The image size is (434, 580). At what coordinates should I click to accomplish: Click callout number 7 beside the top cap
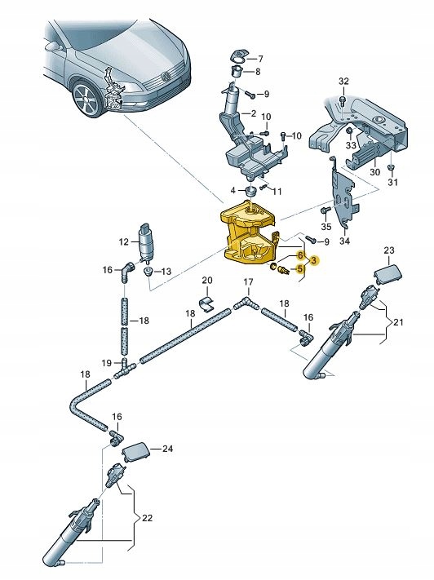260,59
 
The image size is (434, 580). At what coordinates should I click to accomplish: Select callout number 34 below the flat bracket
343,241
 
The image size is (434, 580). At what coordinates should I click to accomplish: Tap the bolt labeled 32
343,99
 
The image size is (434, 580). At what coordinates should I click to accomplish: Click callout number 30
375,173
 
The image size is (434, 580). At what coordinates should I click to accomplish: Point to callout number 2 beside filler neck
254,113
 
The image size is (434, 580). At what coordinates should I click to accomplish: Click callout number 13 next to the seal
166,272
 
